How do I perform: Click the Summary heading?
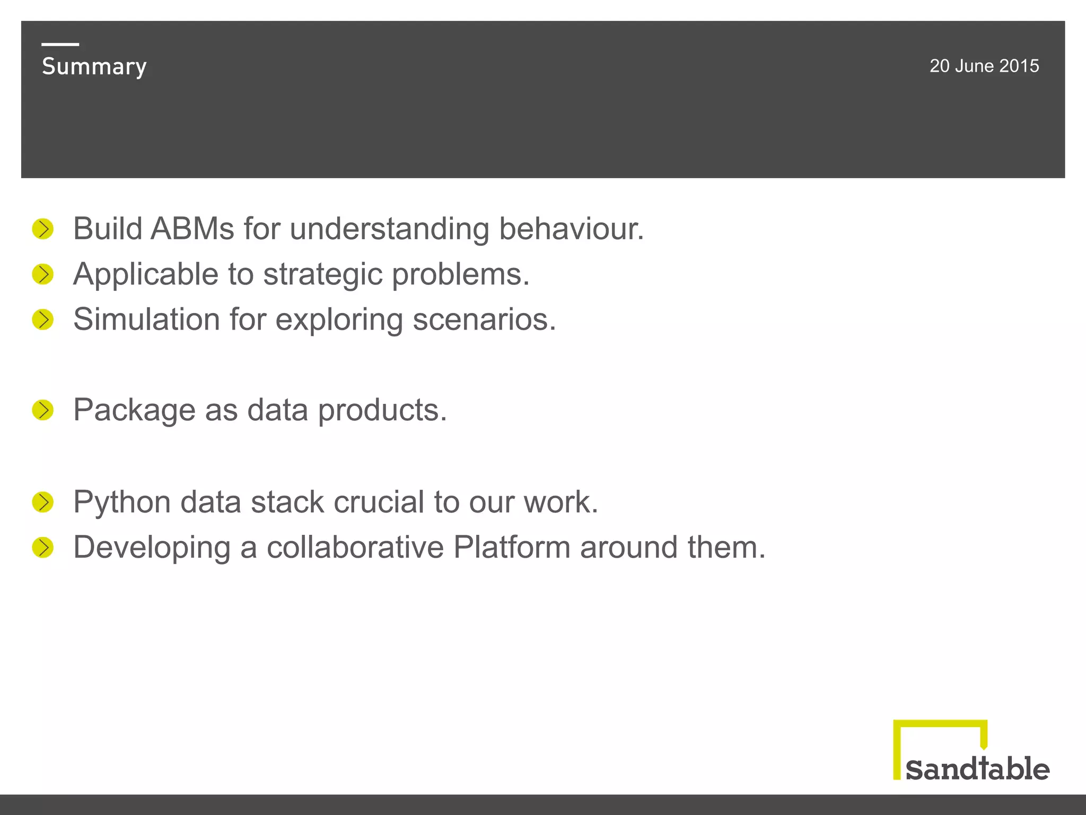[x=94, y=67]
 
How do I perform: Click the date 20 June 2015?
[x=984, y=66]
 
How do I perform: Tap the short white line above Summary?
[x=60, y=45]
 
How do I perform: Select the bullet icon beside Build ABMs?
[x=43, y=229]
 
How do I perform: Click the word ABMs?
[x=192, y=229]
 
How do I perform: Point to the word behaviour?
[x=571, y=229]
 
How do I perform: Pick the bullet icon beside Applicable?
[x=43, y=274]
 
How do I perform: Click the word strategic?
[x=322, y=275]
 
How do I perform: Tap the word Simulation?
[x=146, y=319]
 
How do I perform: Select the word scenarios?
[x=484, y=319]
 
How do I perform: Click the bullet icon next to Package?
[x=43, y=410]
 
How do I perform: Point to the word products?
[x=382, y=410]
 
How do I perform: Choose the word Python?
[x=122, y=502]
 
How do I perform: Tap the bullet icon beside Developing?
[x=43, y=548]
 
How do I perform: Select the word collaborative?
[x=355, y=547]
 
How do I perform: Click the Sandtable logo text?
[x=977, y=769]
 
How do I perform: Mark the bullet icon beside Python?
[x=43, y=502]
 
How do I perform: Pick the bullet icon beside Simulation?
[x=43, y=320]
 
